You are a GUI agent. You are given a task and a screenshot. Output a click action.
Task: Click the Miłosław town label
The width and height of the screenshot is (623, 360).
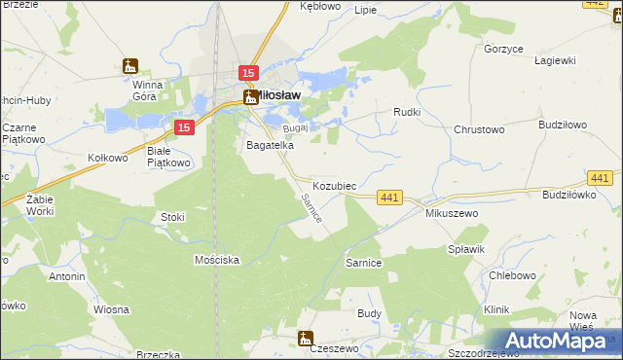276,95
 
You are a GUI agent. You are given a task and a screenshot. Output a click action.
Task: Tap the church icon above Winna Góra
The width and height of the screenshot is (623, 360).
130,67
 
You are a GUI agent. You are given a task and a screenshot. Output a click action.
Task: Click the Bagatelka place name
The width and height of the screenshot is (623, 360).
270,145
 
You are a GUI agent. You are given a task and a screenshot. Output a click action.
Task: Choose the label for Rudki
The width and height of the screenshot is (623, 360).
406,111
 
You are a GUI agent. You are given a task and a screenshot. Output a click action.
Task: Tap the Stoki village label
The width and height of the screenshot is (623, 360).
172,217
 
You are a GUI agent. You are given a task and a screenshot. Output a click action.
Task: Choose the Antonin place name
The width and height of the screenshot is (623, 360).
66,276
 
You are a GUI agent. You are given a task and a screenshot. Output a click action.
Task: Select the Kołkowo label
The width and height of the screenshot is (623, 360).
108,157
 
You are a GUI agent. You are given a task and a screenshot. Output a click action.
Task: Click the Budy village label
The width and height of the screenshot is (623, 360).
369,313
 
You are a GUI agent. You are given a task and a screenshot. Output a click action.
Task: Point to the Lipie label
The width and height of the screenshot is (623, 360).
366,10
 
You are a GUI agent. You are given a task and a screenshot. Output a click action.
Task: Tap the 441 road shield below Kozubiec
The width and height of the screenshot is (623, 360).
389,198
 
